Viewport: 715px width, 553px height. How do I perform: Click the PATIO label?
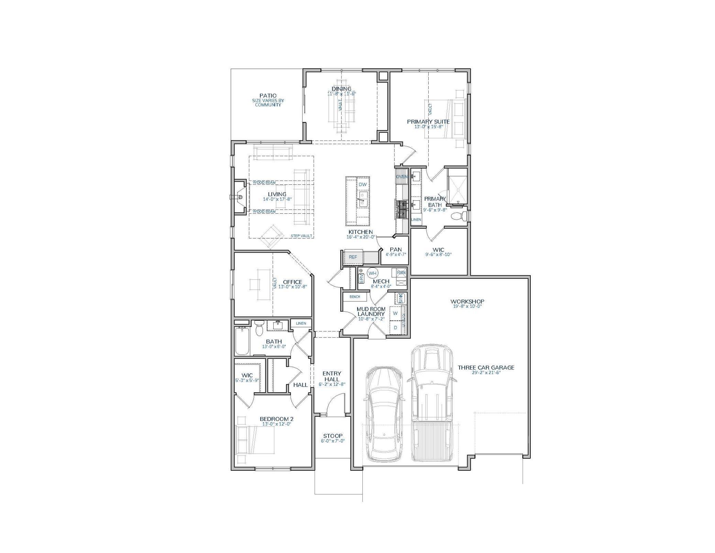268,95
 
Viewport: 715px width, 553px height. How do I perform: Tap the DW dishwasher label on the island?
363,184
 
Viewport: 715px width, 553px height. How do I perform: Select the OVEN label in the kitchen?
401,177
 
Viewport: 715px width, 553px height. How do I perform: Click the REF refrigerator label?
353,257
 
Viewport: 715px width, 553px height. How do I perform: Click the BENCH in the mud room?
355,297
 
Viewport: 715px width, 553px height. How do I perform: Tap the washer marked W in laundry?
395,313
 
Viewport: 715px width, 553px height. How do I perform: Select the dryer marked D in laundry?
395,328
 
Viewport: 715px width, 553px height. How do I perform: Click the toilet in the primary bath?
459,216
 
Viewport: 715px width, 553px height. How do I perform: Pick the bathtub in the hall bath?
242,341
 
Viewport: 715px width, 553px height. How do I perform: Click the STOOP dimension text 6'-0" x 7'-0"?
332,441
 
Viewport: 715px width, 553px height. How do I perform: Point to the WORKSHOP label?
467,301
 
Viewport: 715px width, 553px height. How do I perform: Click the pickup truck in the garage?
432,403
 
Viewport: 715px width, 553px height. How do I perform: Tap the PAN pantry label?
396,249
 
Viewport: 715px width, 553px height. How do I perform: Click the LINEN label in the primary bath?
416,220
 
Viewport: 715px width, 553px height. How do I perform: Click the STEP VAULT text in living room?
301,236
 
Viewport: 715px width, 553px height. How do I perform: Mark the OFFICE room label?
293,282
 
